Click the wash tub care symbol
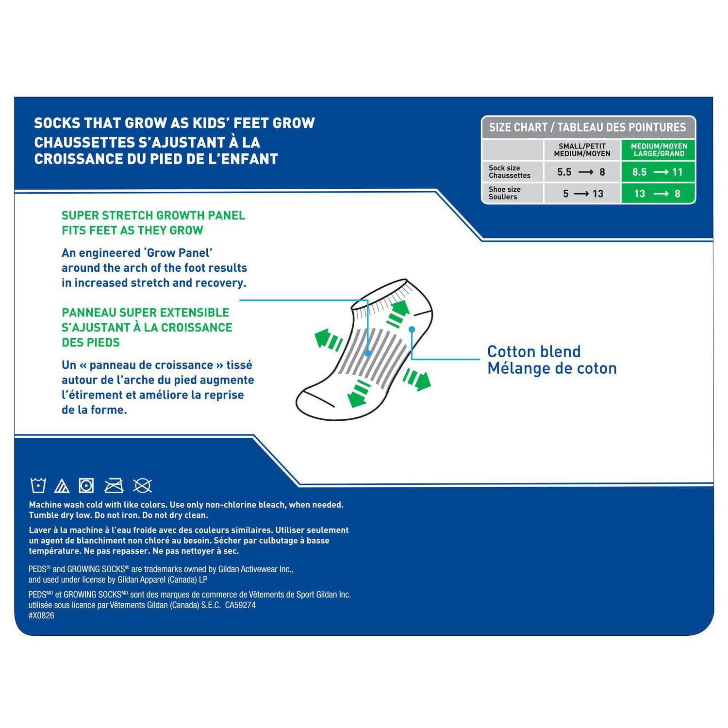tap(38, 485)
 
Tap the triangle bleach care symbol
tap(62, 485)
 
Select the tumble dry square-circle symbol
tap(86, 485)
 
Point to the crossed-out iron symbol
tap(114, 485)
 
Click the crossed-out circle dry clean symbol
tap(143, 485)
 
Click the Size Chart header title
tap(587, 128)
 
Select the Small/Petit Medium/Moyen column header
tap(582, 150)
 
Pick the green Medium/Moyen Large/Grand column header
tap(659, 150)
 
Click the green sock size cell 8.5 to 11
tap(658, 172)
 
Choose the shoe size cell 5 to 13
tap(582, 194)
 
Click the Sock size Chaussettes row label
tap(509, 172)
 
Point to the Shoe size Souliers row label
tap(504, 193)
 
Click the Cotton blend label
tap(534, 352)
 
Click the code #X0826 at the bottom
tap(41, 615)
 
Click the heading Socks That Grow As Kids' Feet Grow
tap(174, 123)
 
